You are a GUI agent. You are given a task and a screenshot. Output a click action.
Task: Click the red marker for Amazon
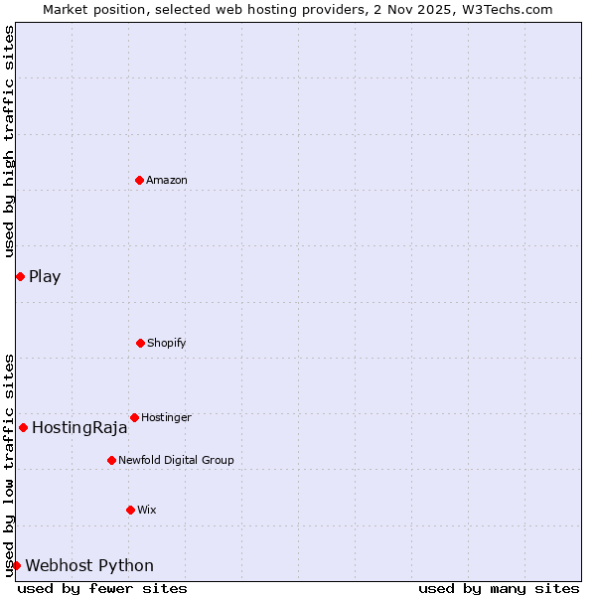pos(139,180)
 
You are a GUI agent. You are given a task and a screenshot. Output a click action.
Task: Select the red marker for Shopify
pos(140,343)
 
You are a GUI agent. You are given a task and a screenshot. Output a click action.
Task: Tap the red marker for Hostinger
pos(134,417)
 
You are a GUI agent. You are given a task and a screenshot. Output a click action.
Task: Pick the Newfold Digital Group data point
pos(111,460)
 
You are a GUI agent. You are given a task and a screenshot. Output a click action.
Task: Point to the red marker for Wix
pos(130,510)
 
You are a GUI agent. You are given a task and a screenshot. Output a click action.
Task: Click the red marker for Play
pos(20,276)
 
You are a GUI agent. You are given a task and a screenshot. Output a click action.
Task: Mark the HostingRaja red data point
pos(23,427)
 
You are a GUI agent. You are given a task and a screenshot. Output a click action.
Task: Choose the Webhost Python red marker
pos(16,565)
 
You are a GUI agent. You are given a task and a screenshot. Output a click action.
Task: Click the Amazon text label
pos(167,180)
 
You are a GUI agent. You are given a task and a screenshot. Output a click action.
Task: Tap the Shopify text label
pos(167,343)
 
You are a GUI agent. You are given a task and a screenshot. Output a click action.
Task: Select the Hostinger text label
pos(166,417)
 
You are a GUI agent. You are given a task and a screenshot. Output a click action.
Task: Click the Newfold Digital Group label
pos(176,460)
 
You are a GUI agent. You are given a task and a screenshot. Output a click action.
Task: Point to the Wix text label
pos(147,510)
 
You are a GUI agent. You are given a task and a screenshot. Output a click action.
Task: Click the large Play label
pos(45,276)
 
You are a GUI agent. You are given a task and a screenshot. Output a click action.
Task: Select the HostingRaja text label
pos(79,428)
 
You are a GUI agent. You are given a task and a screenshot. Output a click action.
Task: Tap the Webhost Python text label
pos(89,566)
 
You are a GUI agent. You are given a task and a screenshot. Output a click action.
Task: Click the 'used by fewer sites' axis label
pos(102,588)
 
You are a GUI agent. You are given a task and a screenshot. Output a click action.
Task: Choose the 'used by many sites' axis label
pos(499,588)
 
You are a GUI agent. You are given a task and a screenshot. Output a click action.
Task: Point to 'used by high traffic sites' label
pos(9,142)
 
